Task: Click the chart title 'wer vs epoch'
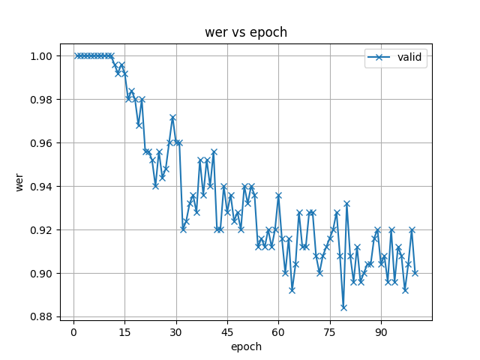click(246, 33)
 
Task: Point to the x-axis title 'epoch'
click(246, 346)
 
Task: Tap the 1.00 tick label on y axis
click(42, 56)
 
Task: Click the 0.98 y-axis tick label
click(42, 100)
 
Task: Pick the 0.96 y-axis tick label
click(42, 143)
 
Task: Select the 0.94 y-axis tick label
click(42, 187)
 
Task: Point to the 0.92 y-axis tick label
click(42, 230)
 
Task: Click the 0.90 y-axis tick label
click(42, 274)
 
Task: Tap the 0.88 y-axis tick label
click(42, 317)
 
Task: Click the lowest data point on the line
click(343, 307)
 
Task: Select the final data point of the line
click(415, 273)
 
